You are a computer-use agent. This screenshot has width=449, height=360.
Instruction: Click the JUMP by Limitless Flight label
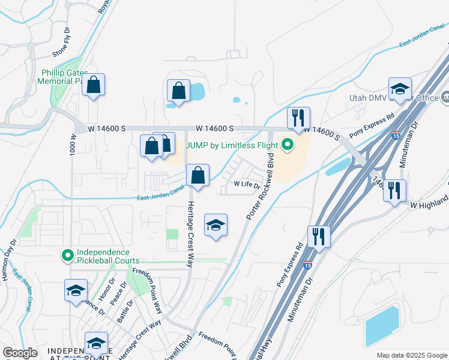232,145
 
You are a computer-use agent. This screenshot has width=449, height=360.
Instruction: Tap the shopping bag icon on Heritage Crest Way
197,175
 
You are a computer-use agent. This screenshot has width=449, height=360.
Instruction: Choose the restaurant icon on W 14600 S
298,119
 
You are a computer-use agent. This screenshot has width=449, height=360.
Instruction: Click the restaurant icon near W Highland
394,191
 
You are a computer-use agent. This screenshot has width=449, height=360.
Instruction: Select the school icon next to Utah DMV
399,89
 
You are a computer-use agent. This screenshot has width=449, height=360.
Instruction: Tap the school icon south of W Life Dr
216,225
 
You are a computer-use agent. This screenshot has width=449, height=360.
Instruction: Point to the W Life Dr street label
247,185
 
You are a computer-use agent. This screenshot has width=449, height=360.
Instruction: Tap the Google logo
20,353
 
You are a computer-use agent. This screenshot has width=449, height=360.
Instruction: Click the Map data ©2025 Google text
411,355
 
